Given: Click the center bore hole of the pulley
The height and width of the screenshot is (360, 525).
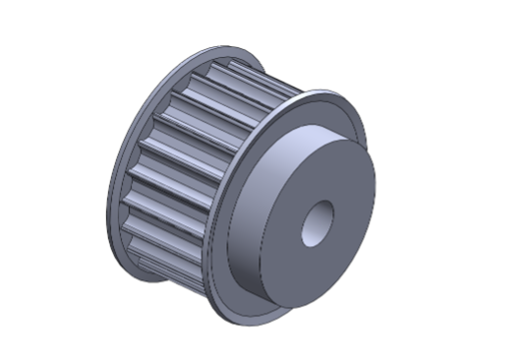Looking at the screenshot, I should point(317,224).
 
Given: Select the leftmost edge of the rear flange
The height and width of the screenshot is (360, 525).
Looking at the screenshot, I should point(107,197).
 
